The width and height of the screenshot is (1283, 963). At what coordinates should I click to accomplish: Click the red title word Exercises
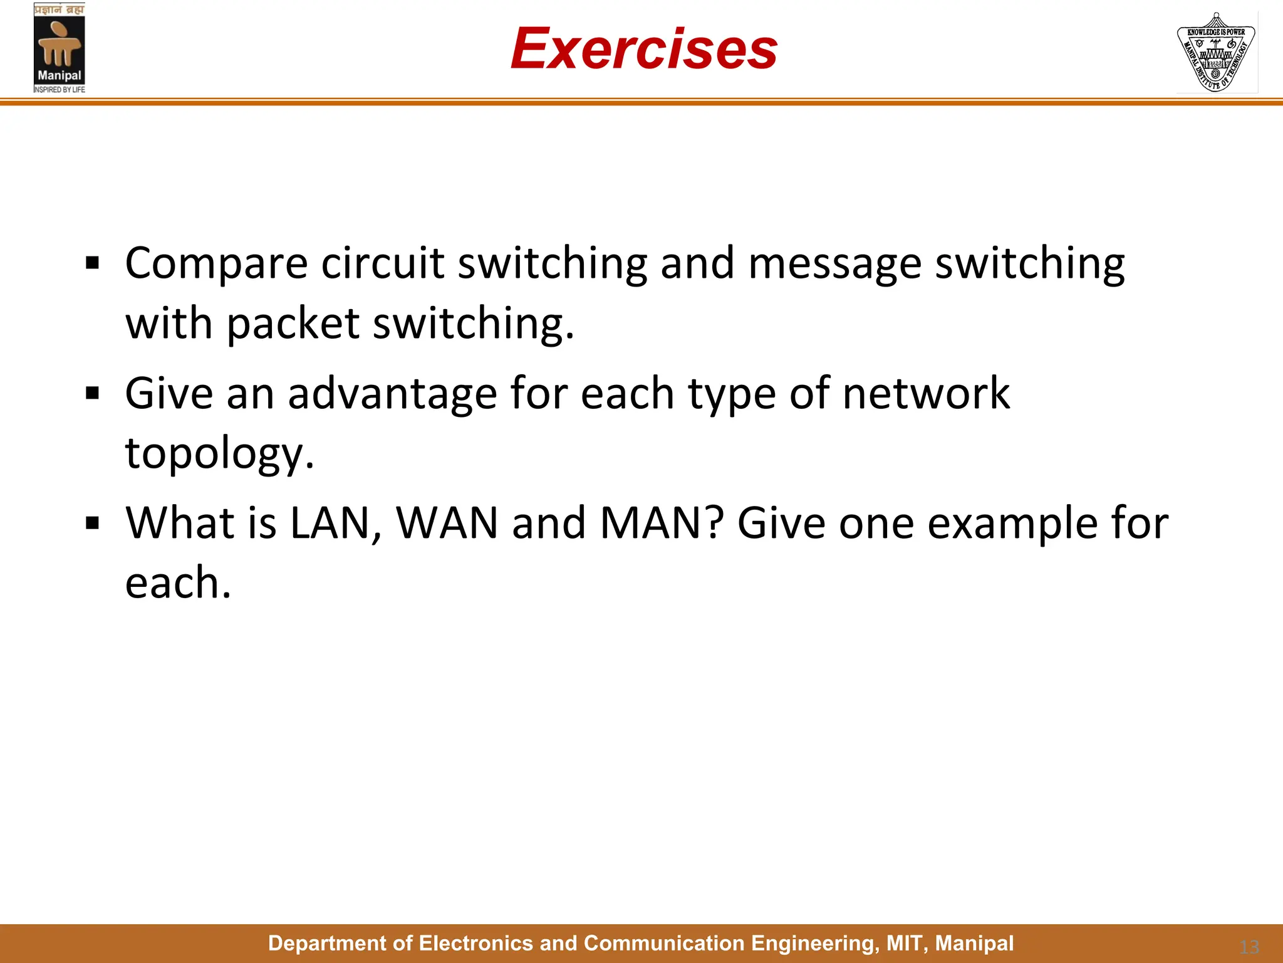tap(644, 49)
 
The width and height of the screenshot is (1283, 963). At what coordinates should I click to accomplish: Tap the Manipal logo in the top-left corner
tap(60, 48)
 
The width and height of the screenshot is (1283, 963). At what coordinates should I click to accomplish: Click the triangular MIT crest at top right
tap(1216, 53)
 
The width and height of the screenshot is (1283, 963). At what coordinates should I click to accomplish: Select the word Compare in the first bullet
tap(216, 263)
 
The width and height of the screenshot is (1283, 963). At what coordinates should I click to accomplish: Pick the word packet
tap(293, 324)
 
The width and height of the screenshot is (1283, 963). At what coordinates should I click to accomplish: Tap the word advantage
tap(392, 394)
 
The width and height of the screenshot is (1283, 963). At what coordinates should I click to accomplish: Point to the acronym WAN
tap(447, 523)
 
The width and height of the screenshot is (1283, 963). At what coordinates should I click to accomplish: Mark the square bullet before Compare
tap(93, 263)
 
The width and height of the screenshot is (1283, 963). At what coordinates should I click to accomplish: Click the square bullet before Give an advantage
tap(93, 394)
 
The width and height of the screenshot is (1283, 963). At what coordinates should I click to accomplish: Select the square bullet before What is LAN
tap(93, 523)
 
